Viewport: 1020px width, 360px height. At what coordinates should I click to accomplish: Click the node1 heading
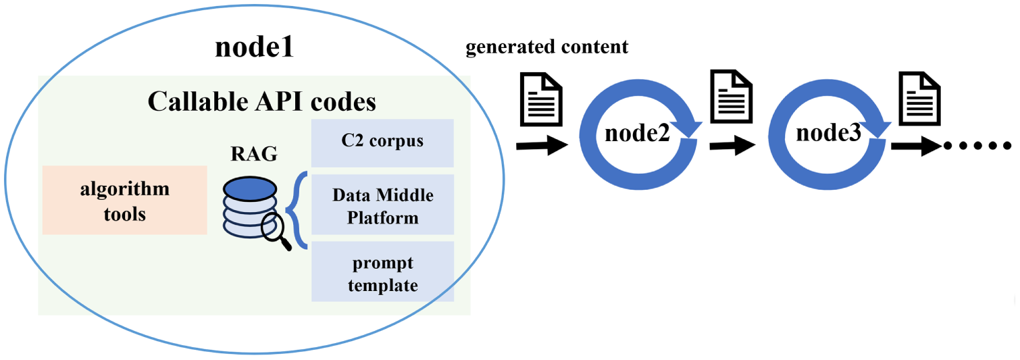(255, 47)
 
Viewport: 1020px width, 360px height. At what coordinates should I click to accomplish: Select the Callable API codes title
(262, 101)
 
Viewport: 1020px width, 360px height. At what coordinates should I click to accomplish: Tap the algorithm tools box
(125, 200)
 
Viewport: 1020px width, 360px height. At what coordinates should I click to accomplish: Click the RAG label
(254, 154)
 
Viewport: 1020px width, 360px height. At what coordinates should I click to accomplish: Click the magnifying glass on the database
(276, 231)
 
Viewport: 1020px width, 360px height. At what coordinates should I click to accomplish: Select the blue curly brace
(297, 210)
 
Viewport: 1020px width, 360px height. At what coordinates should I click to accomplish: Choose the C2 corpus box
(382, 143)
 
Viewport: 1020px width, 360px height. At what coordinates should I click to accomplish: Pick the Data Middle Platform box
(382, 205)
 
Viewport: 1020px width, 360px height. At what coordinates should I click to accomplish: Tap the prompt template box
(382, 272)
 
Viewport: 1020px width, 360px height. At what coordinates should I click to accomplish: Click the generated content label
(547, 47)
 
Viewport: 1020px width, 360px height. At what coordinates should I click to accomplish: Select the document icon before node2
(542, 100)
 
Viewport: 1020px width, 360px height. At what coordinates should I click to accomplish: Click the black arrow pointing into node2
(542, 146)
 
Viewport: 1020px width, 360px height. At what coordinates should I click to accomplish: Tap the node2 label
(637, 133)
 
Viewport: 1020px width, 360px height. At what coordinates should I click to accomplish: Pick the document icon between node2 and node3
(732, 97)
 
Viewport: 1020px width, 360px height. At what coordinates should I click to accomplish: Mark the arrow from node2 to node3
(732, 146)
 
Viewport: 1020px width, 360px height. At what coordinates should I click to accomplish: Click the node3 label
(829, 133)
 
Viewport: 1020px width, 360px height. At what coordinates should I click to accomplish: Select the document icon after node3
(920, 99)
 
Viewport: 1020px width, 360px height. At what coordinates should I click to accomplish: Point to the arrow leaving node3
(916, 147)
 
